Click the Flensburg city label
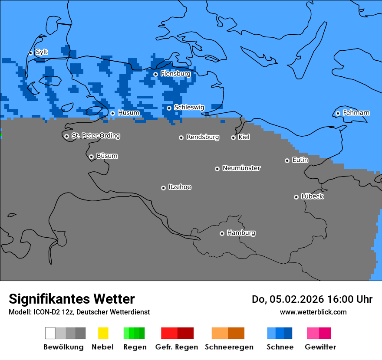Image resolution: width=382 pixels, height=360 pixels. (x=175, y=74)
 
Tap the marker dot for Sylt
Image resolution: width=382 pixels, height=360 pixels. (x=30, y=53)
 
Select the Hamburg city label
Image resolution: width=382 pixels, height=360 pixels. (x=241, y=233)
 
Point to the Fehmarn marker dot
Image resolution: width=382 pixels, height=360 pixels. (x=338, y=113)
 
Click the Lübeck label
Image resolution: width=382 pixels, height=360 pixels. (x=312, y=196)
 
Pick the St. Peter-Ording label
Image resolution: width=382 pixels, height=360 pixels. (x=95, y=136)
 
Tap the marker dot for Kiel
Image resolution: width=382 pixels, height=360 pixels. (x=233, y=137)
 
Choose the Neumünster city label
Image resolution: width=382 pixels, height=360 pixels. (x=241, y=168)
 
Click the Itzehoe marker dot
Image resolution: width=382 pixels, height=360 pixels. (x=163, y=188)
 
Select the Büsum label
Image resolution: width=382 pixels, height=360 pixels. (x=107, y=156)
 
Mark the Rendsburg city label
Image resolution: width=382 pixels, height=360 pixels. (x=203, y=137)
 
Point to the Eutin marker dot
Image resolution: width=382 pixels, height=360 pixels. (x=287, y=160)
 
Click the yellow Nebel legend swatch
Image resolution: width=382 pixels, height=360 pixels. (x=103, y=333)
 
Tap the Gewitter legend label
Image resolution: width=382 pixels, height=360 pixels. (x=320, y=347)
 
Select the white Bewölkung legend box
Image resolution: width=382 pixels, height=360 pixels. (x=50, y=333)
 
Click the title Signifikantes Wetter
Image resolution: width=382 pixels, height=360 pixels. (x=72, y=299)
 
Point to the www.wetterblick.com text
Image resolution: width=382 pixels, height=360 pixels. (x=313, y=312)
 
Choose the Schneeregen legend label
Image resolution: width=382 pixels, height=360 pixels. (x=229, y=347)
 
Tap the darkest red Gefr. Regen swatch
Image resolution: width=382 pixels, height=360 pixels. (x=185, y=333)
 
